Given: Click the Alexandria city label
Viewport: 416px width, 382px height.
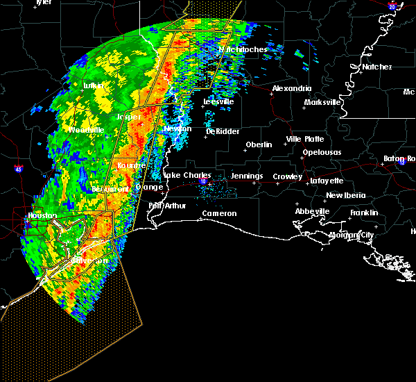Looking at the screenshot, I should (x=291, y=89).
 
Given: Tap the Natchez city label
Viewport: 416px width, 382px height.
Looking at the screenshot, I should (x=376, y=67).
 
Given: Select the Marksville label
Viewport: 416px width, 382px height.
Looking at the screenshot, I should (x=323, y=103).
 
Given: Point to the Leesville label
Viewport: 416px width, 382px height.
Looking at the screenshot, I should (x=218, y=101).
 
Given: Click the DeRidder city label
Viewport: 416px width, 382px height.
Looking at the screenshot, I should (x=221, y=131).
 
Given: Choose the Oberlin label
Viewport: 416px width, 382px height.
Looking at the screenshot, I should (x=259, y=145).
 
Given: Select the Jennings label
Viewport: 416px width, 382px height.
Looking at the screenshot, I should (x=247, y=176).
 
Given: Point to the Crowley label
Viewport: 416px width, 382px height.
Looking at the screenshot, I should (x=287, y=177).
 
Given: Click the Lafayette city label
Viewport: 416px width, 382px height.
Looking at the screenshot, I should (x=327, y=181).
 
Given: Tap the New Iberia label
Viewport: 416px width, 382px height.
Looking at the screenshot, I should (x=345, y=196).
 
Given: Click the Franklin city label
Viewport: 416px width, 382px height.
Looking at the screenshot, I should (x=364, y=213).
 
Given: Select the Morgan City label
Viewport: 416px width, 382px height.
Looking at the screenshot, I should (x=352, y=235).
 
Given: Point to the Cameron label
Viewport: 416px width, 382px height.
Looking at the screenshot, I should (x=219, y=214).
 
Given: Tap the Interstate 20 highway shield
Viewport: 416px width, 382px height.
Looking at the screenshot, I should (x=392, y=7).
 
